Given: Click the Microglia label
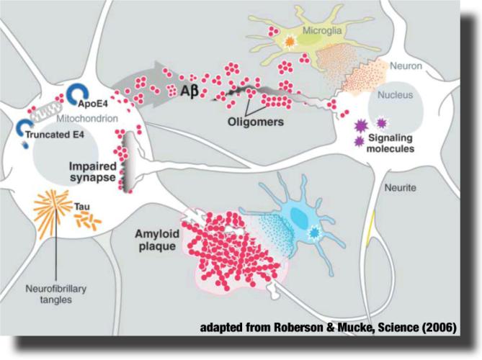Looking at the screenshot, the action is [322, 31].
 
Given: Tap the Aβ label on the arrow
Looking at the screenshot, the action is [189, 91].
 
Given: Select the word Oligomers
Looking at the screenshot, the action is [256, 122].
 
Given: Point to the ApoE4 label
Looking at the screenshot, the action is [93, 104].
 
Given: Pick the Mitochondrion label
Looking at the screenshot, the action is [87, 118].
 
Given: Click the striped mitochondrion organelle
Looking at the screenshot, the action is [47, 112].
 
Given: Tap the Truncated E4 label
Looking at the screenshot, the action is [55, 135].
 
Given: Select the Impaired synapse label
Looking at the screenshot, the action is [92, 171].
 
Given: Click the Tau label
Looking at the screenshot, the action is [82, 207].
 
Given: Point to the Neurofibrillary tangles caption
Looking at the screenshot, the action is [56, 294].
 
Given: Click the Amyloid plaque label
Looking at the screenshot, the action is [157, 240].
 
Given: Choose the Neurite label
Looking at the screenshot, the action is [401, 188].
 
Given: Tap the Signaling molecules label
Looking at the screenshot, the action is [390, 143].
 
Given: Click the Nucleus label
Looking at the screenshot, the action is [395, 95].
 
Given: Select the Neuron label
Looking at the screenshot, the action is [406, 66].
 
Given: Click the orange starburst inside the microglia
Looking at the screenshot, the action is [290, 42].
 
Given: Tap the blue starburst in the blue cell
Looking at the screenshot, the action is [313, 233].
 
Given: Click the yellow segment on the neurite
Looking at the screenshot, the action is [371, 229].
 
